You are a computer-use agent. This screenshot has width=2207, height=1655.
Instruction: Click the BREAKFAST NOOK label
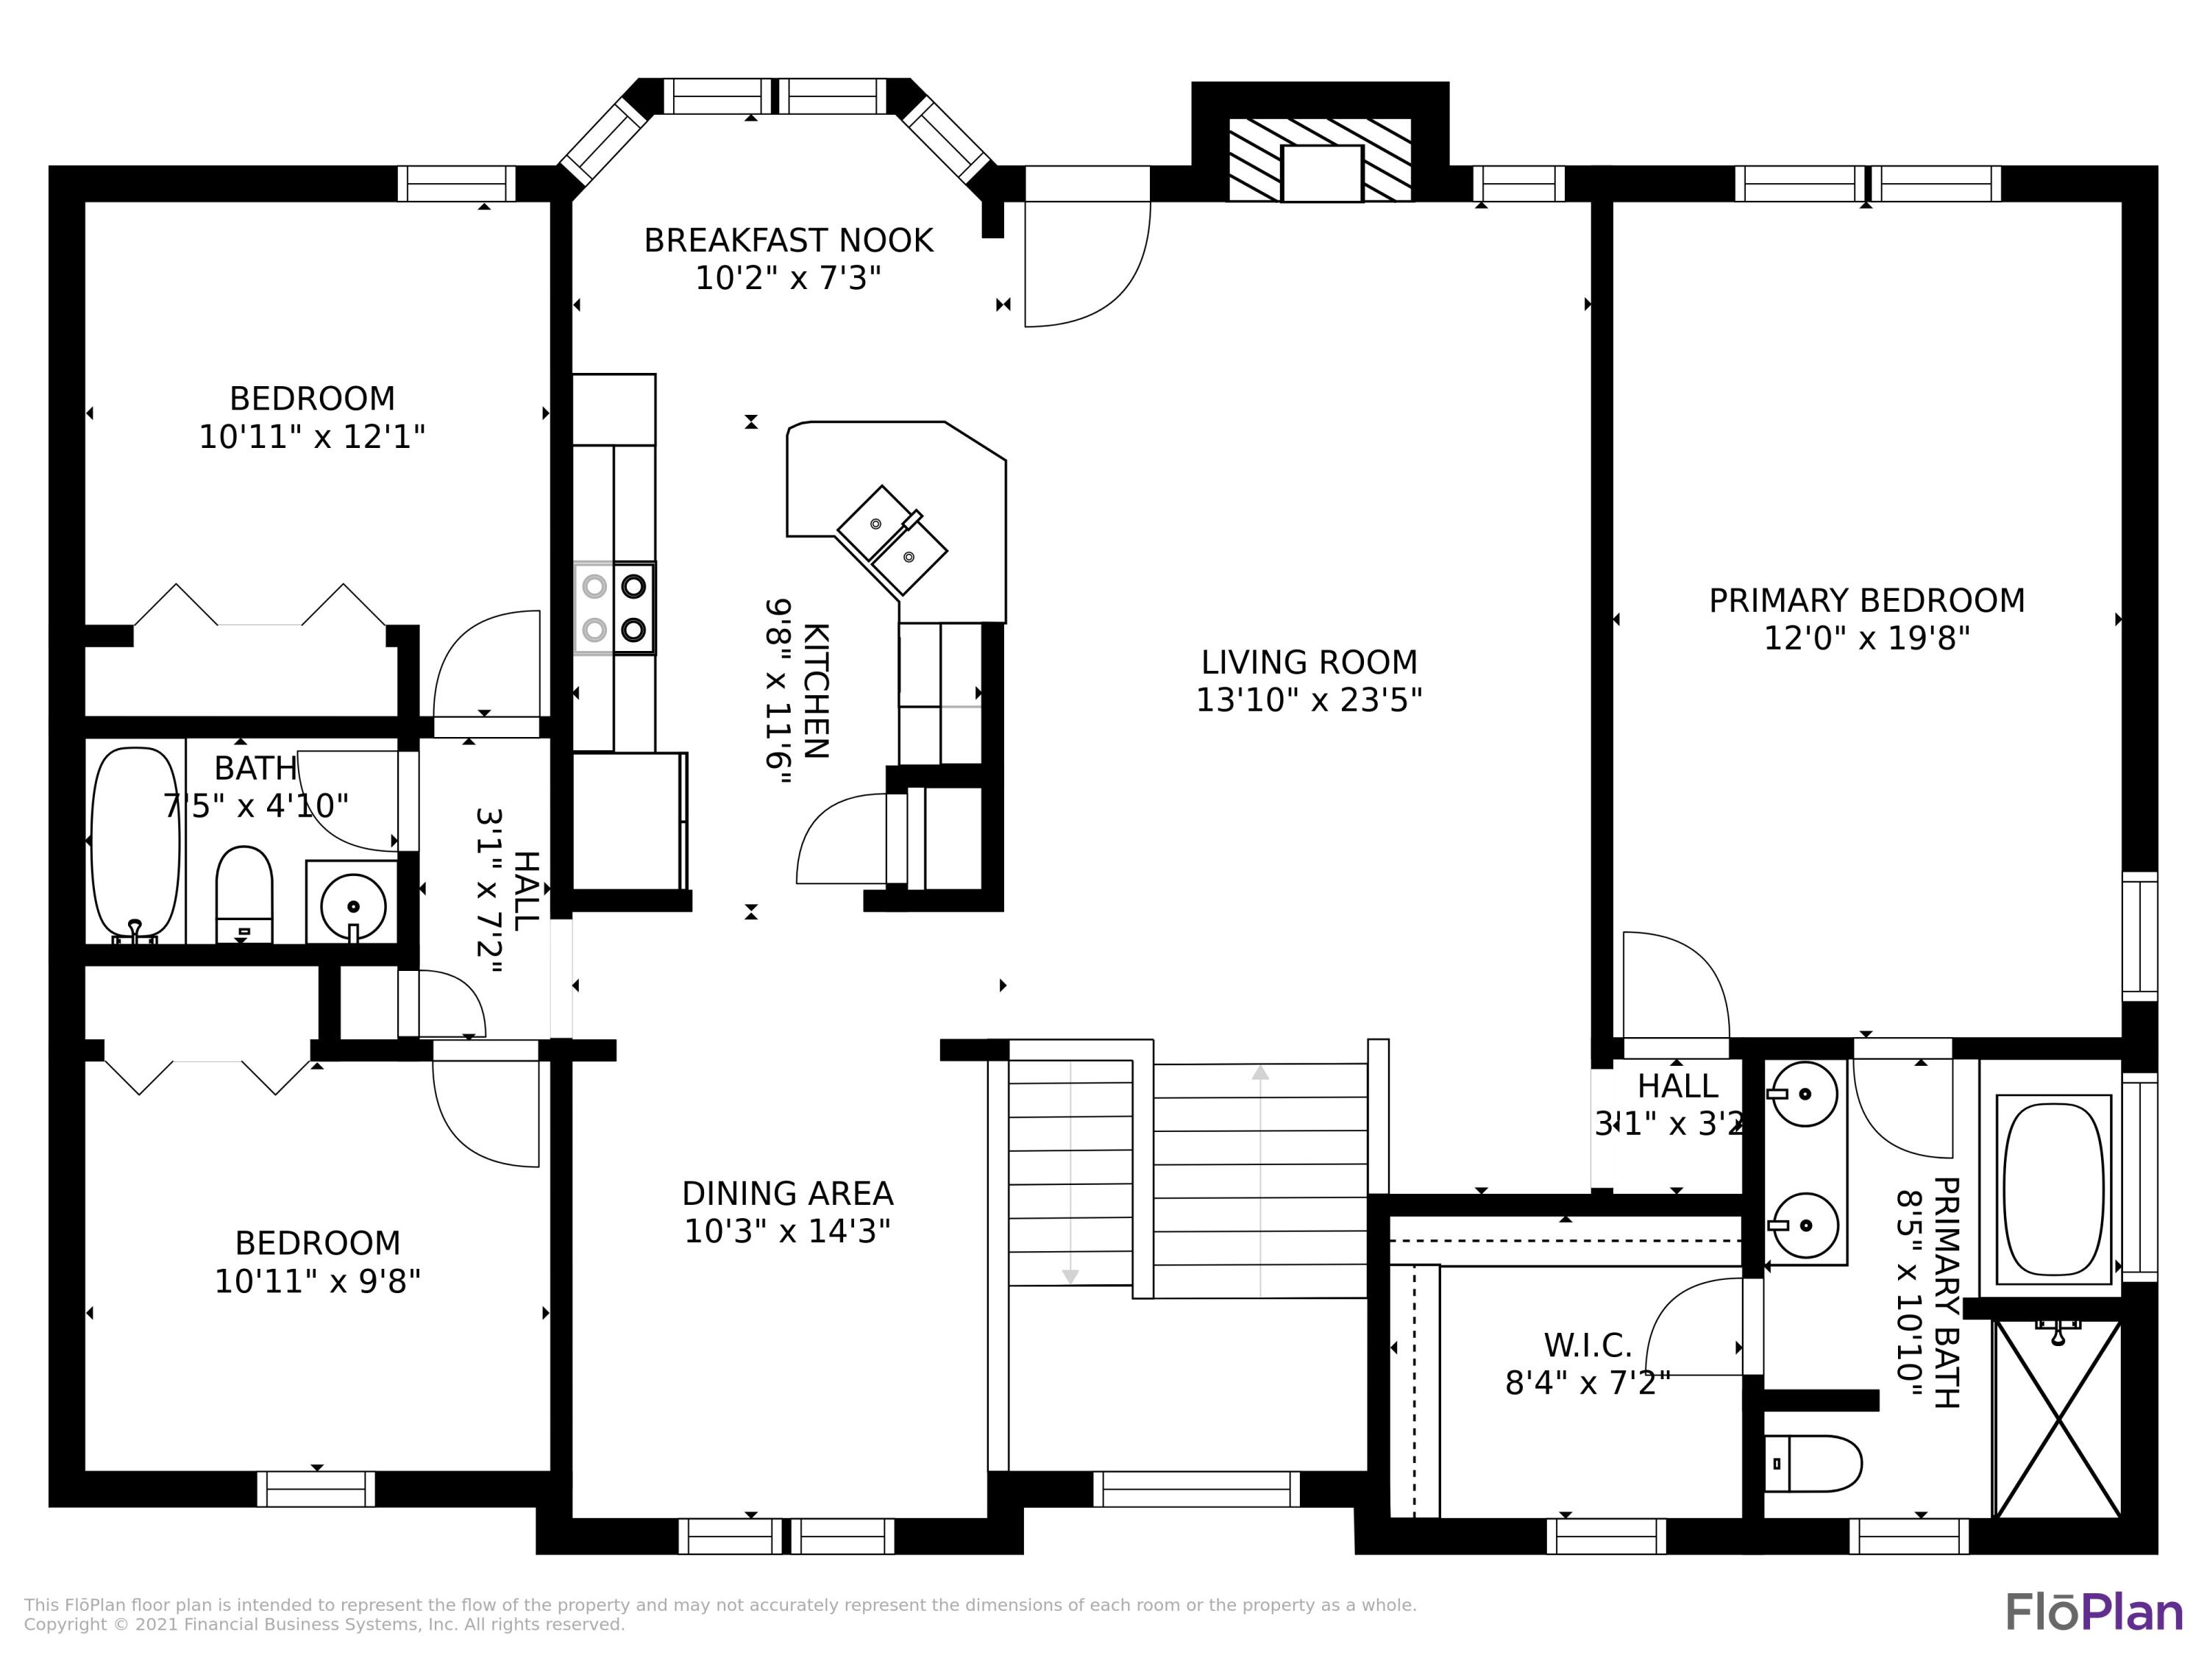click(x=788, y=241)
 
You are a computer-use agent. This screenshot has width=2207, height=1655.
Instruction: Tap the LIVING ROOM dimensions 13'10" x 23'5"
click(x=1309, y=700)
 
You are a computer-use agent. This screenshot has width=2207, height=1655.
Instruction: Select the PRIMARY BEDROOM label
click(x=1867, y=600)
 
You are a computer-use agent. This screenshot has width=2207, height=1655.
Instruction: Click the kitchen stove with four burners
click(x=614, y=608)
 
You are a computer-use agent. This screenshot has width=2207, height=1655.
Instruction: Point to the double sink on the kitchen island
click(x=892, y=540)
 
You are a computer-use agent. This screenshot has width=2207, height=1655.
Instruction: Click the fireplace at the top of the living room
click(x=1320, y=160)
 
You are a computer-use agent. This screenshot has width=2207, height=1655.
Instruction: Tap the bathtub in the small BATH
click(x=135, y=844)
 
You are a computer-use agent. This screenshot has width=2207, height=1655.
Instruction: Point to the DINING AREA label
click(x=787, y=1194)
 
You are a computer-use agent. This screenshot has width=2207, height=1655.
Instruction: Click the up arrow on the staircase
click(x=1260, y=1072)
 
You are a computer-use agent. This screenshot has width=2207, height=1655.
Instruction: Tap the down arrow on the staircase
click(x=1070, y=1277)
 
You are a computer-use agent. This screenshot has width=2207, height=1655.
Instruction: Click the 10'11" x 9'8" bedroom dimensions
click(x=317, y=1281)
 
